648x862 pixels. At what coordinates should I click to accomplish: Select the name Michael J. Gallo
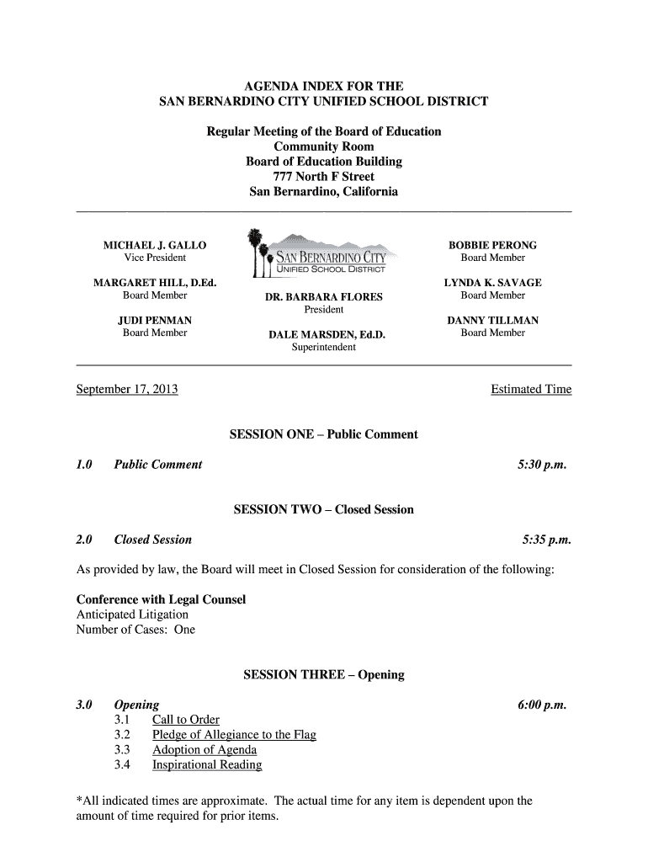tap(155, 245)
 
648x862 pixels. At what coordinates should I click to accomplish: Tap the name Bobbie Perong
tap(492, 245)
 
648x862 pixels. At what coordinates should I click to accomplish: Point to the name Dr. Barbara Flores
tap(324, 297)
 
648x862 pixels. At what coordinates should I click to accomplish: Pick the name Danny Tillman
tap(492, 321)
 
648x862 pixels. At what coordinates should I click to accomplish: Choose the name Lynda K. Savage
tap(492, 283)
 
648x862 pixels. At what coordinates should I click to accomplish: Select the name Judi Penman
tap(155, 321)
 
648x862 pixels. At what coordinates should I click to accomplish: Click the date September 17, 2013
tap(127, 390)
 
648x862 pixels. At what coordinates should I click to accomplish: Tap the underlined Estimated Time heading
tap(530, 390)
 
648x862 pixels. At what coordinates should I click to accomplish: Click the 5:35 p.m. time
tap(546, 540)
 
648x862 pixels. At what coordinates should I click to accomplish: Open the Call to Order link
tap(186, 720)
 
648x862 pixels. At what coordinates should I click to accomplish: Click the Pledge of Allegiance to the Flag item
tap(234, 735)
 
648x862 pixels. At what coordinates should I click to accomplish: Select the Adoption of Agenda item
tap(204, 750)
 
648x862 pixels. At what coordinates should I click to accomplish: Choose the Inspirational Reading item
tap(207, 765)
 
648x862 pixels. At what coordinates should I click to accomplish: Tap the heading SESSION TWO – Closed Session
tap(323, 510)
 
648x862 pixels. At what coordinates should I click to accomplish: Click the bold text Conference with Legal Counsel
tap(161, 599)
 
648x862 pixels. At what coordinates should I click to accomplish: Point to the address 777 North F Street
tap(324, 177)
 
